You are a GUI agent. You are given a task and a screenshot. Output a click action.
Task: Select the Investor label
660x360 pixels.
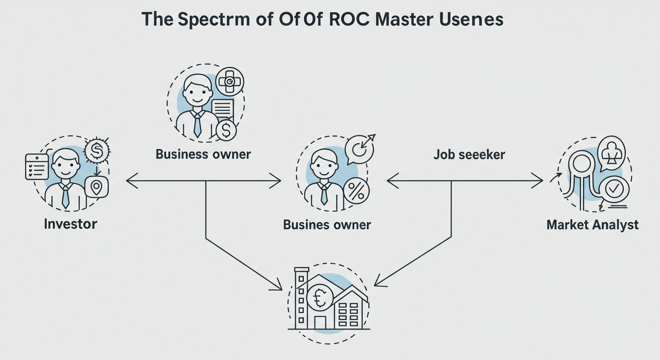click(x=70, y=224)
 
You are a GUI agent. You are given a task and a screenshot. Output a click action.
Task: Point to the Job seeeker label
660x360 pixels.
click(x=469, y=154)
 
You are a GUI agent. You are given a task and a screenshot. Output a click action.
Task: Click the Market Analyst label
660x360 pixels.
click(x=592, y=225)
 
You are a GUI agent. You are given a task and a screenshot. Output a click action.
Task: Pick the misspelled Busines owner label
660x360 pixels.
click(x=327, y=225)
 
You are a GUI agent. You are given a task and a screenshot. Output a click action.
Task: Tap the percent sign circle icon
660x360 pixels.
click(x=356, y=191)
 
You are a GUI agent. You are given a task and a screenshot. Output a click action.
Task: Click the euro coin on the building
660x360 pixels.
click(x=320, y=298)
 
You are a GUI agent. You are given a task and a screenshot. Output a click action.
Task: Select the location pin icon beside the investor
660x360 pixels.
click(x=97, y=188)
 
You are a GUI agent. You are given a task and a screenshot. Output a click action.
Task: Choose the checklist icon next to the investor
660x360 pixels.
click(x=37, y=166)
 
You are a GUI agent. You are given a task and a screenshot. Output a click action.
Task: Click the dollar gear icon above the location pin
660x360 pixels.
click(x=97, y=150)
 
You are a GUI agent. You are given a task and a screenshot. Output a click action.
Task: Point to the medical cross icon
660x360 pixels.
click(x=231, y=82)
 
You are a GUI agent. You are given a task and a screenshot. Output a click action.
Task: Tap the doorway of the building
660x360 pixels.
click(x=320, y=322)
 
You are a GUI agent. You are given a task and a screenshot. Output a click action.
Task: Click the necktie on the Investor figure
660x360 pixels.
click(x=66, y=195)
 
